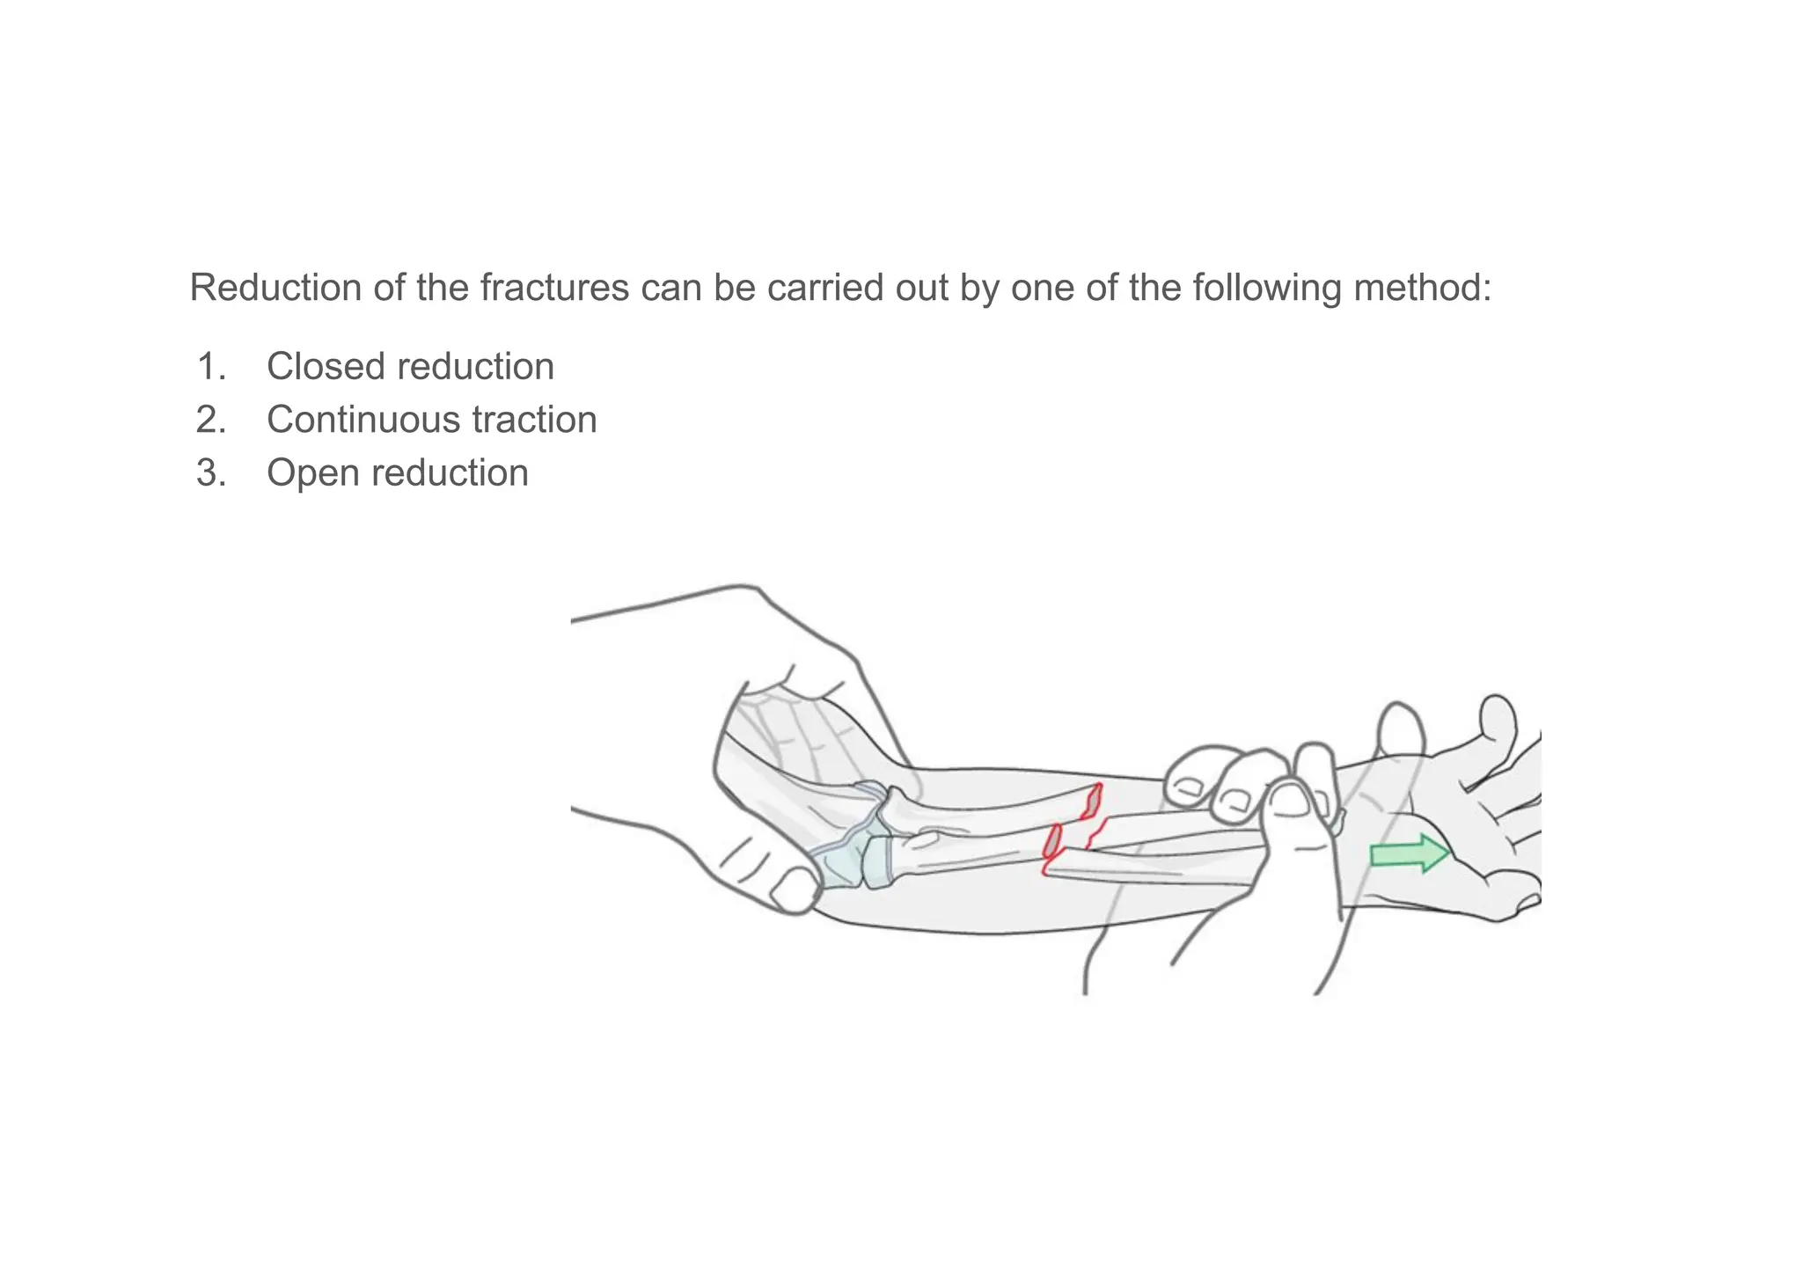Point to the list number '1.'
coord(211,367)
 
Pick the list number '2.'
coord(211,420)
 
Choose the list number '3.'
coord(211,473)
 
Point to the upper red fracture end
coord(1092,801)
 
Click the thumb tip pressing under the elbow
coord(795,890)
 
